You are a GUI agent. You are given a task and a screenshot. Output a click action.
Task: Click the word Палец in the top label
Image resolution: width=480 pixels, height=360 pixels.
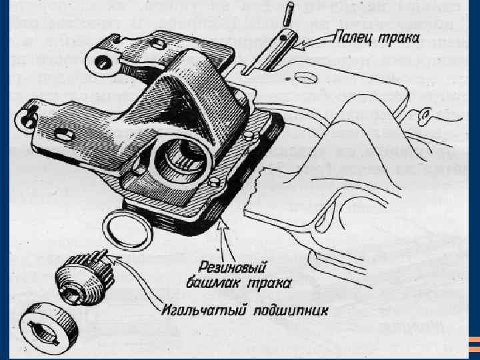pyautogui.click(x=353, y=40)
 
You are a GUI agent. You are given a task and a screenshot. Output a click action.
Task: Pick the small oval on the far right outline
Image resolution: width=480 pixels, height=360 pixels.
pyautogui.click(x=421, y=117)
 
